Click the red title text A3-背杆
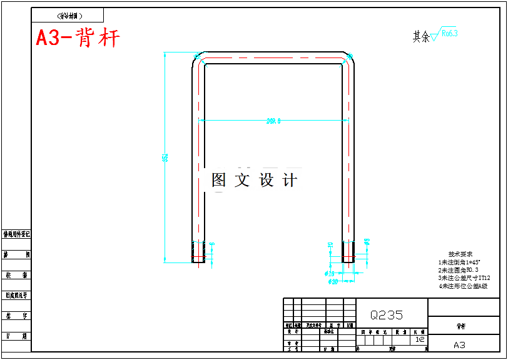click(78, 39)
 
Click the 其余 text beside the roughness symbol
click(421, 37)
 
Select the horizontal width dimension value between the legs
click(273, 121)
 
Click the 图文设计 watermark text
click(254, 181)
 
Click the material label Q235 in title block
click(386, 315)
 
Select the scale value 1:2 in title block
click(420, 339)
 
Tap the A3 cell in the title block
click(459, 344)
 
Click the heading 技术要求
click(460, 254)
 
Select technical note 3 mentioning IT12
click(464, 277)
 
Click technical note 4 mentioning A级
click(463, 286)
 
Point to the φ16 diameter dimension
click(330, 273)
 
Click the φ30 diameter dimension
click(333, 282)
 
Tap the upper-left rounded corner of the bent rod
click(198, 59)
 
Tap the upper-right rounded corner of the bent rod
click(348, 59)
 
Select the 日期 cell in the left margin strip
click(16, 336)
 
